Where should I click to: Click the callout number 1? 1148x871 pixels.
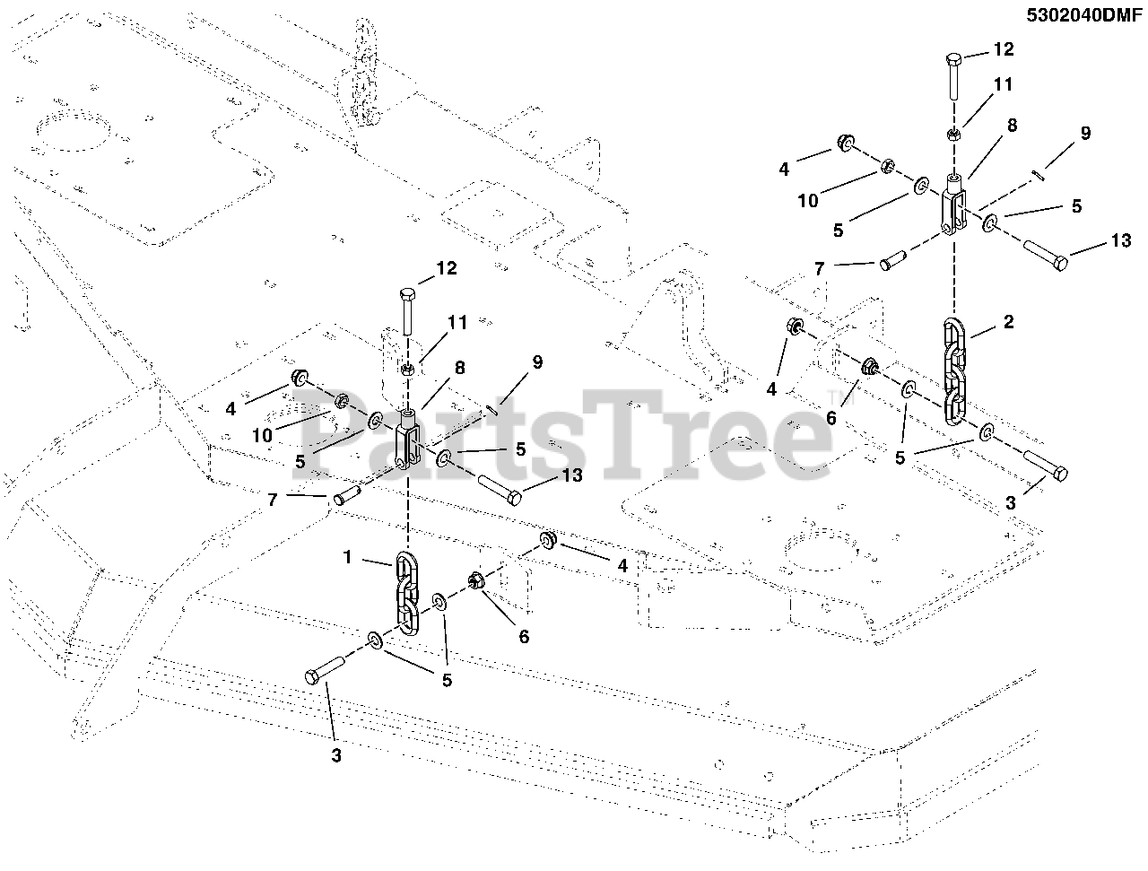point(346,556)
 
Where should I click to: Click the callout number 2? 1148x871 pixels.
point(1008,322)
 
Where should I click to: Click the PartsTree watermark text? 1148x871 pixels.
point(565,435)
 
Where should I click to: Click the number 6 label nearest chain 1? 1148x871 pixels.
point(524,636)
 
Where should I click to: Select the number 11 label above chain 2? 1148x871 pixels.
point(1003,84)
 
